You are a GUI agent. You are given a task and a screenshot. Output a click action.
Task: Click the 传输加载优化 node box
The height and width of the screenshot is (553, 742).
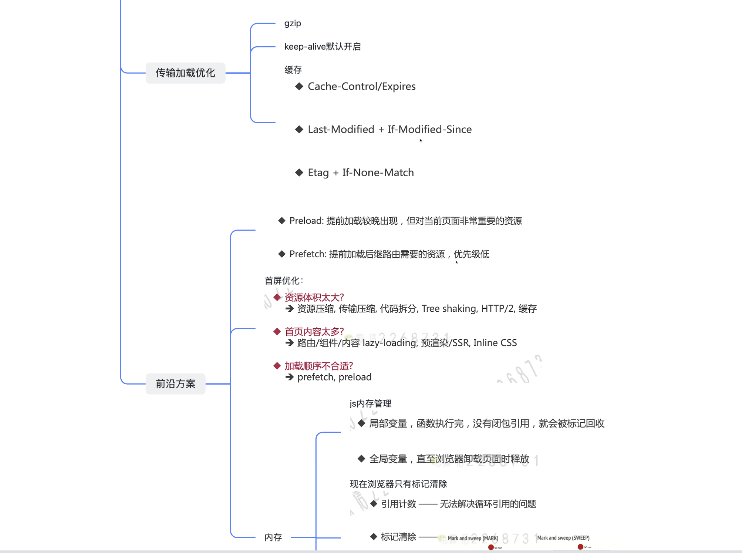point(185,73)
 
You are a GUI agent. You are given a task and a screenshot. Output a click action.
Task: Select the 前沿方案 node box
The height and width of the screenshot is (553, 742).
point(175,384)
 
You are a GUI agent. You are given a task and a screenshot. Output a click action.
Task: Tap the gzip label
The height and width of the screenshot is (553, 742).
point(293,23)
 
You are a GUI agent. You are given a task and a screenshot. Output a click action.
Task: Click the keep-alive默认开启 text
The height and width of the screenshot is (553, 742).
point(322,47)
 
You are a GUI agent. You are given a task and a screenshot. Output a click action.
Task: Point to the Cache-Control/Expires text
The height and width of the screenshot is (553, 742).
point(361,86)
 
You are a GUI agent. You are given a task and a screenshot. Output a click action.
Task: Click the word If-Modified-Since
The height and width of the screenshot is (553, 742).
point(429,129)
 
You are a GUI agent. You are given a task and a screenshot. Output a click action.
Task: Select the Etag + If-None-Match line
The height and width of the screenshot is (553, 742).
point(361,172)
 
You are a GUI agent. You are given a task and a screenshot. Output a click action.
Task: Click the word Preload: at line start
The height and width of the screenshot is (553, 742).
point(307,221)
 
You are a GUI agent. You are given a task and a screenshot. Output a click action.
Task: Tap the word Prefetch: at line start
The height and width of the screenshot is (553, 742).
point(308,254)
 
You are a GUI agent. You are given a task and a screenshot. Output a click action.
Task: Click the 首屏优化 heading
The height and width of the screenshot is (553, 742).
point(283,281)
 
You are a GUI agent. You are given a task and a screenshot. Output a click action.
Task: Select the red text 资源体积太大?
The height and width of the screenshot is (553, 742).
point(314,297)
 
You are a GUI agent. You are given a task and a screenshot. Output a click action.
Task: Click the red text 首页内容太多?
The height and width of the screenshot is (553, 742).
point(314,331)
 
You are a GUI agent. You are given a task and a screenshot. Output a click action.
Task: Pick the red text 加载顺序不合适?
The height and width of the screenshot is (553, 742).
point(318,366)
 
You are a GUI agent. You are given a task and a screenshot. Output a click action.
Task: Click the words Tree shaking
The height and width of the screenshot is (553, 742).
point(449,309)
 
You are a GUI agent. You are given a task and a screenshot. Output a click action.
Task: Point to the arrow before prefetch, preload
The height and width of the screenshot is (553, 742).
point(290,377)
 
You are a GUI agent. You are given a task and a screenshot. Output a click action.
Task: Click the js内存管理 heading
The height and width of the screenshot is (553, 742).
point(370,403)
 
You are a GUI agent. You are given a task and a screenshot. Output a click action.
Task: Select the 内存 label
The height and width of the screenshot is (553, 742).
point(273,537)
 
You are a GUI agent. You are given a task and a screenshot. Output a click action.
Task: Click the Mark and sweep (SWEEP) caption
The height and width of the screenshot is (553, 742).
point(563,538)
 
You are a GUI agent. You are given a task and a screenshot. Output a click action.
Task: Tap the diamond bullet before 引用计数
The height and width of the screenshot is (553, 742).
point(374,504)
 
